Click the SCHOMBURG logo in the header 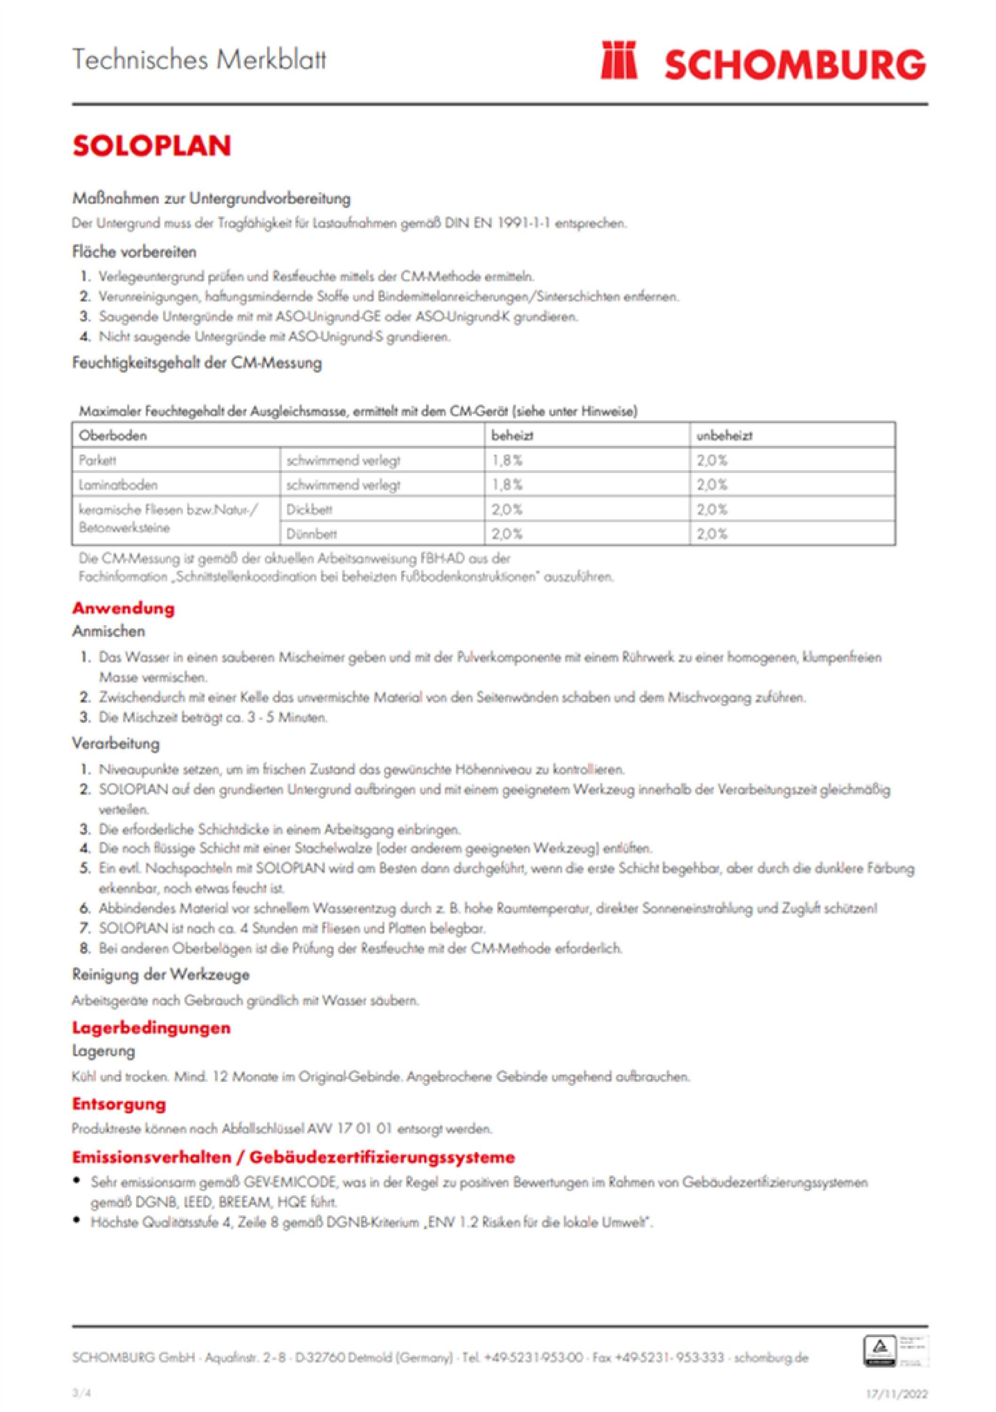tap(763, 62)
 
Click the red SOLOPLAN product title tap(151, 146)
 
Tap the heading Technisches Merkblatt tap(199, 60)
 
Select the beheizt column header tap(512, 435)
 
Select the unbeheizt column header tap(724, 435)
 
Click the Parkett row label tap(97, 460)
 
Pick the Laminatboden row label tap(118, 485)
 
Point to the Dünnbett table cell tap(311, 534)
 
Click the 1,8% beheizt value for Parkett tap(507, 460)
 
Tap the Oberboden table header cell tap(113, 435)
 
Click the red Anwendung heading tap(123, 608)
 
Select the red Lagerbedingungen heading tap(151, 1027)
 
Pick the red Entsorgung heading tap(119, 1103)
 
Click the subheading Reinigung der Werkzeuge tap(161, 974)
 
